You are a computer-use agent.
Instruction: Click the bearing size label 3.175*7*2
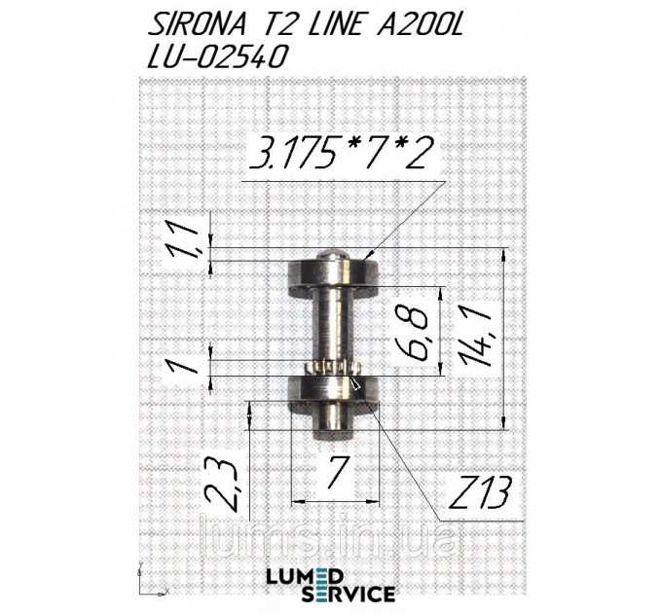click(x=340, y=156)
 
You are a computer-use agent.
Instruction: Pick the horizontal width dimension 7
click(x=335, y=474)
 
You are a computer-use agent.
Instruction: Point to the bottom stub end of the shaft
click(x=332, y=422)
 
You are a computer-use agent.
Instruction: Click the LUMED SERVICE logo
click(x=330, y=583)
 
